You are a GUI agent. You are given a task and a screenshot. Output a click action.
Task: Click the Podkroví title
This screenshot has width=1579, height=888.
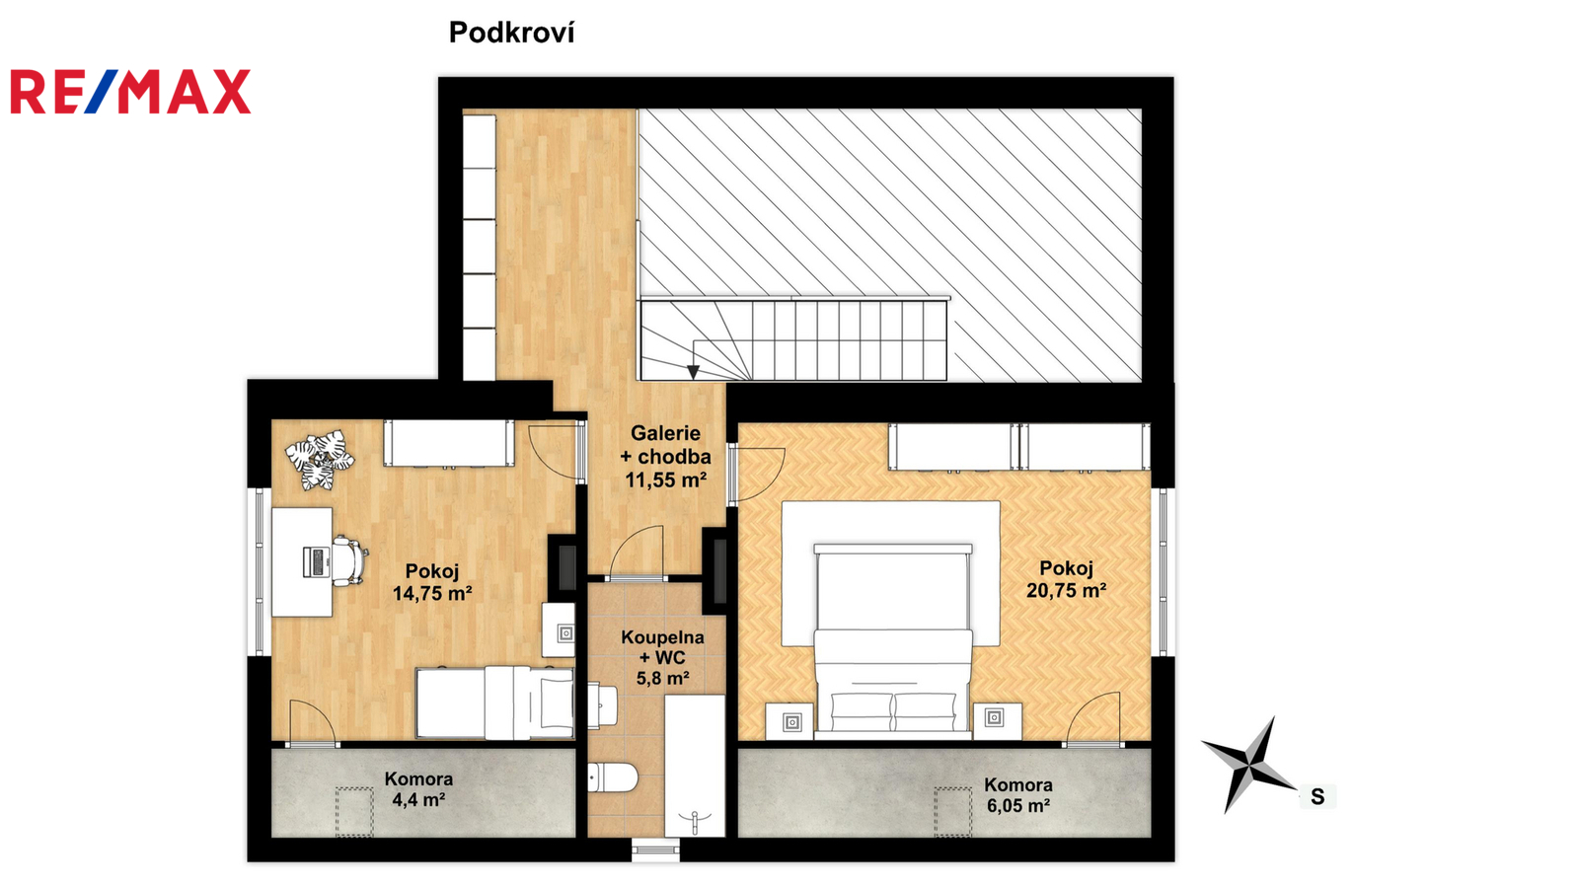coord(512,33)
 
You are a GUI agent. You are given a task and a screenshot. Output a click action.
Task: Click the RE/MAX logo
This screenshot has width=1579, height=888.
coord(130,92)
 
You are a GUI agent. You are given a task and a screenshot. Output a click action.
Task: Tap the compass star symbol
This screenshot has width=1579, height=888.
coord(1249,764)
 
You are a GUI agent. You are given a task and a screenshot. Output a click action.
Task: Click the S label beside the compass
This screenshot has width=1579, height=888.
coord(1316,796)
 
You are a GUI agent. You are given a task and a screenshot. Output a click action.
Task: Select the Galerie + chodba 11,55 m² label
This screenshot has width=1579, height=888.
coord(665,457)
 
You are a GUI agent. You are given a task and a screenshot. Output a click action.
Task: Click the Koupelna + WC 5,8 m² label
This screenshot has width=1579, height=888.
coord(662,657)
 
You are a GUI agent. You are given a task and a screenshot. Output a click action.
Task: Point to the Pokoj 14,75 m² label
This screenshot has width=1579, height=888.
coord(432,582)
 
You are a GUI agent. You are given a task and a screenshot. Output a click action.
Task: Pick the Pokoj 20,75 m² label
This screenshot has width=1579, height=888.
coord(1066,579)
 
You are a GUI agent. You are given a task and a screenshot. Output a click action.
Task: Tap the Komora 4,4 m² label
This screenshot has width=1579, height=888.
coord(418,789)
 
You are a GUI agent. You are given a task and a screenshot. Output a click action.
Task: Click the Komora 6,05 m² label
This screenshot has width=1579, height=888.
coord(1018,795)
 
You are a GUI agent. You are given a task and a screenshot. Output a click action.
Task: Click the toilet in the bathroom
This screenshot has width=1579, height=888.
coord(613,777)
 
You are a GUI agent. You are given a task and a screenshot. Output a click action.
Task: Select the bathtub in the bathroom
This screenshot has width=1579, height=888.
coord(695,766)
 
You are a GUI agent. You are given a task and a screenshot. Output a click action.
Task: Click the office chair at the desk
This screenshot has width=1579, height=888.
coord(349,561)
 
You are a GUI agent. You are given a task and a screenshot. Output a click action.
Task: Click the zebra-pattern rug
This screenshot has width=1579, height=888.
coord(320,460)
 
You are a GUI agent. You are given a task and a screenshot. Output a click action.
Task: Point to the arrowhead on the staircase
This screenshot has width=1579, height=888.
coord(694,372)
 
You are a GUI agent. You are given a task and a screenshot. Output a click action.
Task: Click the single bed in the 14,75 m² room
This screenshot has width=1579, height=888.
coord(494,703)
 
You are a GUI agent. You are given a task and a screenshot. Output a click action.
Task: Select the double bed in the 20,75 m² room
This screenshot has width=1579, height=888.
coord(893,641)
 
